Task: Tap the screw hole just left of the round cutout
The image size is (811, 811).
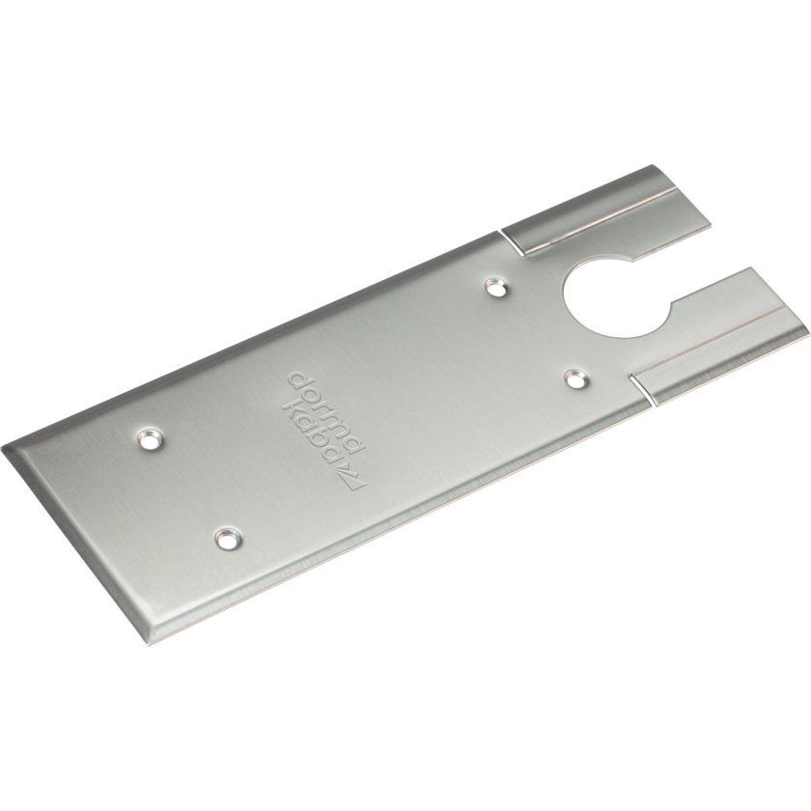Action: click(x=495, y=286)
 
